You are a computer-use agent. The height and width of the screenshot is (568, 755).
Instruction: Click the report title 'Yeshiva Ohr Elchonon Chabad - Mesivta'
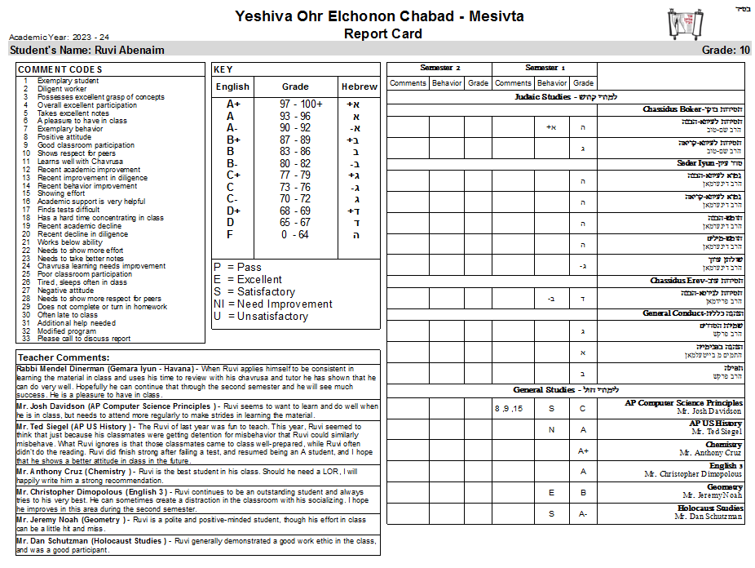379,16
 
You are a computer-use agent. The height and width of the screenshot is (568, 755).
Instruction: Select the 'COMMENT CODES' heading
60,69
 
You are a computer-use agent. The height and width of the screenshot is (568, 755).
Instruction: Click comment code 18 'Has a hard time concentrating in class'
100,218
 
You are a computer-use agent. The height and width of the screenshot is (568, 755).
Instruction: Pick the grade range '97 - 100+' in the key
301,104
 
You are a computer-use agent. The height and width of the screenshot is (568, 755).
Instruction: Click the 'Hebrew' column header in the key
359,87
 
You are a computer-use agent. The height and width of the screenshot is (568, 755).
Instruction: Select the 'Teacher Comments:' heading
64,357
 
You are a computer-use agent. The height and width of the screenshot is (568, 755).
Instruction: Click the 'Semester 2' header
439,68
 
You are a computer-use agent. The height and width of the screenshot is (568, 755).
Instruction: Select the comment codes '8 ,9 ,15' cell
508,408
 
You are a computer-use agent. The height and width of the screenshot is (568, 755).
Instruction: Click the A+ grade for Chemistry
583,450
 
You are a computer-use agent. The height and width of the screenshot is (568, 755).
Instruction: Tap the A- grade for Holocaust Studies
583,514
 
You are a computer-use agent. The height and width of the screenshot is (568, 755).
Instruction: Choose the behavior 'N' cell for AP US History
551,429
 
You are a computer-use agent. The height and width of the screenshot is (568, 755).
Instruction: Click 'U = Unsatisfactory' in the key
260,316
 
